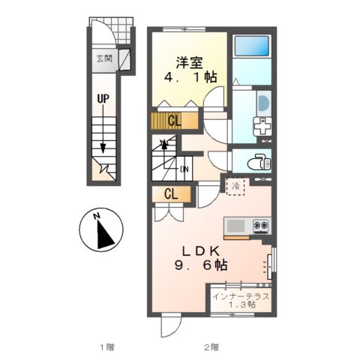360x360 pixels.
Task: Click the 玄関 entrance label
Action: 104,58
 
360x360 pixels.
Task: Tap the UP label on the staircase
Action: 103,99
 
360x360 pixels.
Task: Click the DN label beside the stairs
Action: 184,169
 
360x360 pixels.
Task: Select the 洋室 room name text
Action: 189,62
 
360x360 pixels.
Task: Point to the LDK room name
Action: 201,251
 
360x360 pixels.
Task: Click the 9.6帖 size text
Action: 201,265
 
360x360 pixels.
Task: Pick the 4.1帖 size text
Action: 190,77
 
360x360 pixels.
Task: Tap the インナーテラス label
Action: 241,296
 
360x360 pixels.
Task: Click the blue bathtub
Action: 252,46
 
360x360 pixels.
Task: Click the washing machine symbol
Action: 262,126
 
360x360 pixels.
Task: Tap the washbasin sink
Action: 264,103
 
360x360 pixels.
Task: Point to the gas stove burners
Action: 262,226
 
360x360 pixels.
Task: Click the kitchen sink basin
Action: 235,226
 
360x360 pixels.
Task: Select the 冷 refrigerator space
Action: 235,186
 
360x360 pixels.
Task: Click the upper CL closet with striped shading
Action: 174,121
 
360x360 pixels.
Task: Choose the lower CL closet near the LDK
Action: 172,193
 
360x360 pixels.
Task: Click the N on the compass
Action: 97,216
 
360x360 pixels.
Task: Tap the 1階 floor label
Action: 107,347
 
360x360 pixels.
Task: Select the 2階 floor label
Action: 211,347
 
